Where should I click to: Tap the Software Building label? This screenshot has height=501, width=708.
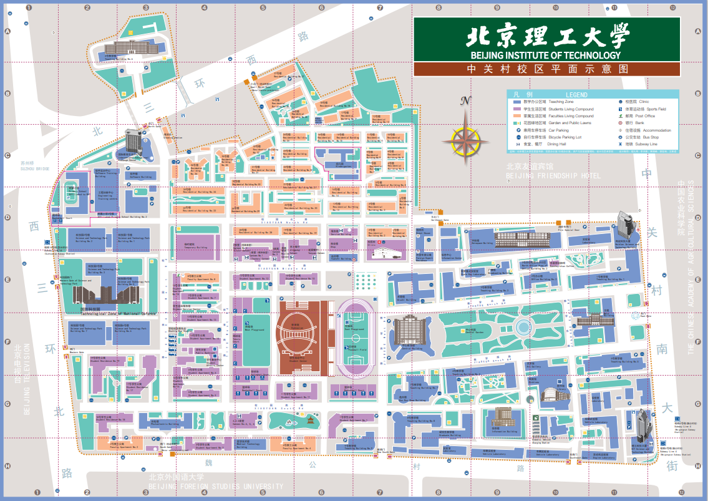[x=140, y=177]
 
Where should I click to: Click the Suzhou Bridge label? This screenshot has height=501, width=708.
[x=34, y=168]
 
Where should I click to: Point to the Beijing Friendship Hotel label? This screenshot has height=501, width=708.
[x=553, y=176]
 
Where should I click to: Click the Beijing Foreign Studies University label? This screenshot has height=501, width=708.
[x=215, y=486]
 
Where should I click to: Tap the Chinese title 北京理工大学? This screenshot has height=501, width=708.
[x=548, y=37]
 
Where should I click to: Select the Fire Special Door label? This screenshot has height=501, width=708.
[x=568, y=230]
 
